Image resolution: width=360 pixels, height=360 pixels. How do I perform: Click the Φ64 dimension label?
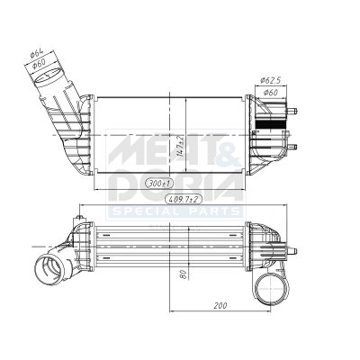(37, 54)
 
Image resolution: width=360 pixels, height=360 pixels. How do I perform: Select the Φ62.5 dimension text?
(270, 80)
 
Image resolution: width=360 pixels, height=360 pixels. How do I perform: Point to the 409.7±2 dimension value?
(184, 199)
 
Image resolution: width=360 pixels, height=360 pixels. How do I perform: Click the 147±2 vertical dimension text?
(180, 146)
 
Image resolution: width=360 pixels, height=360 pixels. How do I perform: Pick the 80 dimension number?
(184, 274)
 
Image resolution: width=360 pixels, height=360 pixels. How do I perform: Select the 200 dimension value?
(220, 306)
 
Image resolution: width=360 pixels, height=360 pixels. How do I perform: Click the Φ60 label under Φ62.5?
(270, 93)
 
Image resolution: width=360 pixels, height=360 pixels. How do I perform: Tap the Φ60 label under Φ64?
(38, 63)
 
